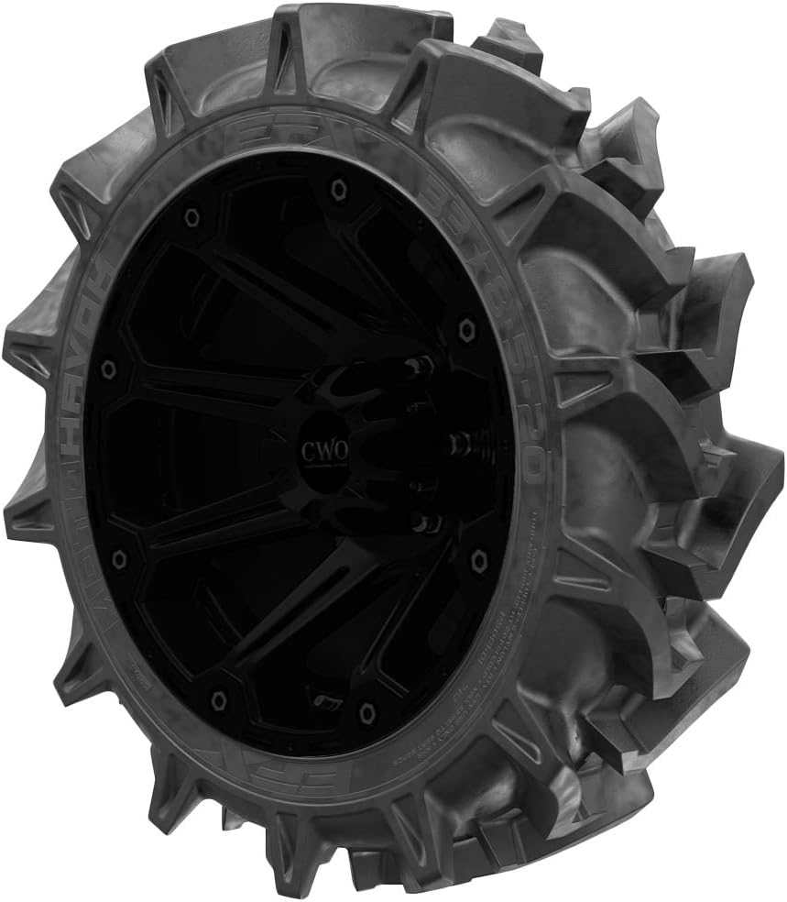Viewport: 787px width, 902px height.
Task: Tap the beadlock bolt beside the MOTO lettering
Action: pyautogui.click(x=116, y=557)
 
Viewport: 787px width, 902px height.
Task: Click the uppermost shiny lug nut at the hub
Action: pyautogui.click(x=423, y=365)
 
